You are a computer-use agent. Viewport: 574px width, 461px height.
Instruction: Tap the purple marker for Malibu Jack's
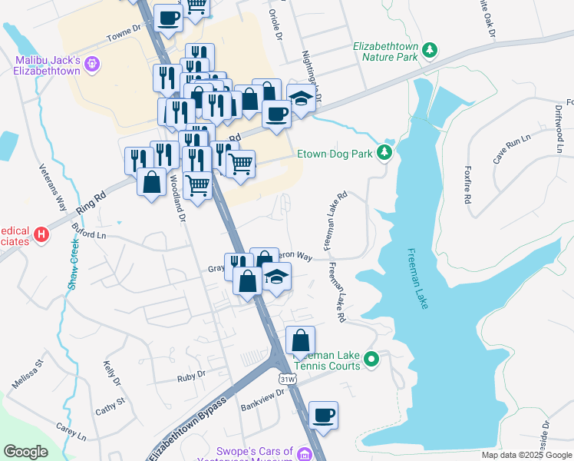pos(94,63)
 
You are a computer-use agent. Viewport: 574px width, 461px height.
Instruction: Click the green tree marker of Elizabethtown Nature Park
pos(430,51)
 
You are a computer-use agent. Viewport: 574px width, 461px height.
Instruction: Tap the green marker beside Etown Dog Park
pos(385,153)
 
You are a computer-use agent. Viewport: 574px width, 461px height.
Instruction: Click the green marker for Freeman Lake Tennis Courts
pos(371,358)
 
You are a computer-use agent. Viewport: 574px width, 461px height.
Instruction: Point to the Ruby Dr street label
pos(191,375)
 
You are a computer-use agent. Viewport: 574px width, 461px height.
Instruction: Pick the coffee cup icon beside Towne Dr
pos(168,18)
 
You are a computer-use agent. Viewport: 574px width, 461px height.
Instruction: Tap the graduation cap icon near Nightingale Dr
pos(301,98)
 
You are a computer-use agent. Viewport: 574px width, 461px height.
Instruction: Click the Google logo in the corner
pos(25,452)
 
